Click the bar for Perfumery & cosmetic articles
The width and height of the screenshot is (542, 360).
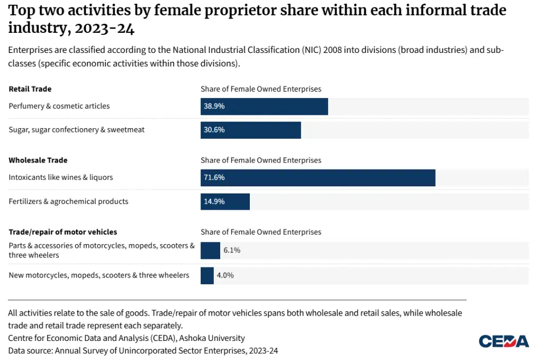(x=264, y=106)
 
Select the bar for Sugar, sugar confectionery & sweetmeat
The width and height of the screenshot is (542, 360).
(x=250, y=130)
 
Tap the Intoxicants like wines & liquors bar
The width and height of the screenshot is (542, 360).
(x=318, y=178)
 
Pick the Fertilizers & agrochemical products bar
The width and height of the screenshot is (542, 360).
(x=225, y=202)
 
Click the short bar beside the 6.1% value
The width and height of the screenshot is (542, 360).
(x=210, y=250)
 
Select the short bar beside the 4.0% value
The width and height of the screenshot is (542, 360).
(x=207, y=276)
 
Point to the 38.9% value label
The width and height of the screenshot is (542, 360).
(x=214, y=106)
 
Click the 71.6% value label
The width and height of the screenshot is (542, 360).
(x=214, y=177)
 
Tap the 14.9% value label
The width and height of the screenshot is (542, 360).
(x=214, y=201)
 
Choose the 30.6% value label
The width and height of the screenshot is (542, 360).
(x=214, y=130)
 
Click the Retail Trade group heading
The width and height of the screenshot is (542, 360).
(x=30, y=89)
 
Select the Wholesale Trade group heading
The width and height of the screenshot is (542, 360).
(x=38, y=160)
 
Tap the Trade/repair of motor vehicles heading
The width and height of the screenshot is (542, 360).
(x=63, y=232)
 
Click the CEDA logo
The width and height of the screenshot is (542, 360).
(x=504, y=341)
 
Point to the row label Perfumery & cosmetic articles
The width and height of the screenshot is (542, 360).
(x=59, y=106)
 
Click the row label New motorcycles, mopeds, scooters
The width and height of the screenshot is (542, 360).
(x=99, y=275)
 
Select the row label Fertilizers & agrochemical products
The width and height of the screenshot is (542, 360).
(x=68, y=201)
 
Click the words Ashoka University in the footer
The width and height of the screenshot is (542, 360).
(x=212, y=338)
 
